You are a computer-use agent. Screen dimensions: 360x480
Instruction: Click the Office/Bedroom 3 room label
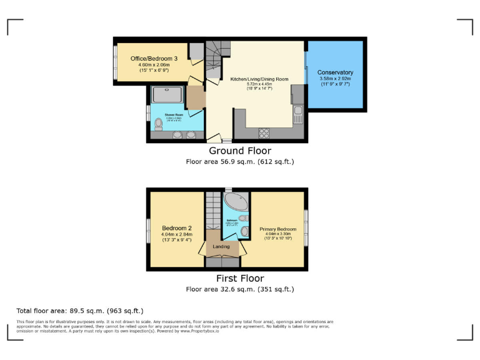pyautogui.click(x=154, y=59)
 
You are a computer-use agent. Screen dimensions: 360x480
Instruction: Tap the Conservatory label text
pyautogui.click(x=335, y=72)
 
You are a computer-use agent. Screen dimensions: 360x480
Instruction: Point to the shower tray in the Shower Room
pyautogui.click(x=167, y=94)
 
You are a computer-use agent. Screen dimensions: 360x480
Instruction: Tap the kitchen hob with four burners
pyautogui.click(x=264, y=132)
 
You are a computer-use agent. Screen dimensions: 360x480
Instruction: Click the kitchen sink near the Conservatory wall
pyautogui.click(x=298, y=114)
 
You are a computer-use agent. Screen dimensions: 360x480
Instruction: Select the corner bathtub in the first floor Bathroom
pyautogui.click(x=236, y=202)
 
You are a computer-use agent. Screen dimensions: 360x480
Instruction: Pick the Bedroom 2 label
pyautogui.click(x=176, y=227)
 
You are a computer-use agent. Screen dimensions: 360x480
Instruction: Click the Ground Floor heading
pyautogui.click(x=240, y=151)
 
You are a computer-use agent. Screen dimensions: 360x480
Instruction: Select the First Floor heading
pyautogui.click(x=240, y=279)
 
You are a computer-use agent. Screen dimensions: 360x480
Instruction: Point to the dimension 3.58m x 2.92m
pyautogui.click(x=335, y=79)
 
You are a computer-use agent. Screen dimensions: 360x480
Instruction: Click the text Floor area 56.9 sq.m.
pyautogui.click(x=240, y=161)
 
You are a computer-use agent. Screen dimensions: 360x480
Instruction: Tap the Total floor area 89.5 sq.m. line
pyautogui.click(x=80, y=311)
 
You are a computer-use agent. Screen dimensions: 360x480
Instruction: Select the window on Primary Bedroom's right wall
pyautogui.click(x=306, y=224)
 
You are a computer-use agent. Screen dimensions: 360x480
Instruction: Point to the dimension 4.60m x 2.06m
pyautogui.click(x=154, y=65)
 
